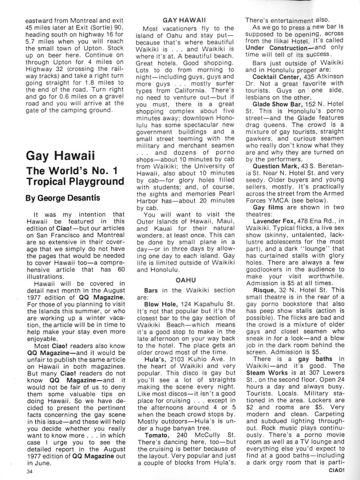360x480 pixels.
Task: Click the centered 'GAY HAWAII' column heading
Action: pos(187,20)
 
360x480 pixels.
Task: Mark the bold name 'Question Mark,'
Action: pos(277,166)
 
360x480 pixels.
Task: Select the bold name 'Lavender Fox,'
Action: pos(275,221)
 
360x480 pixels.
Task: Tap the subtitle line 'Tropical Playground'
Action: pos(75,181)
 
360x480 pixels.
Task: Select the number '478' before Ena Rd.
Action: pos(305,221)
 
